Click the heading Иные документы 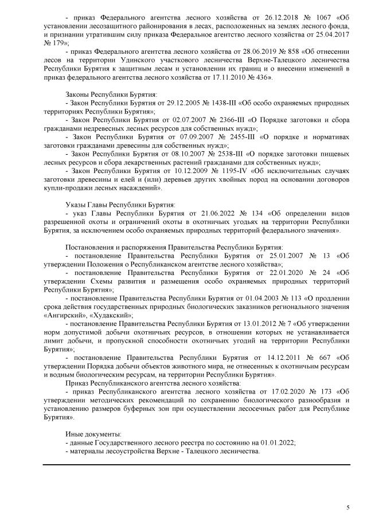[x=93, y=433]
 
